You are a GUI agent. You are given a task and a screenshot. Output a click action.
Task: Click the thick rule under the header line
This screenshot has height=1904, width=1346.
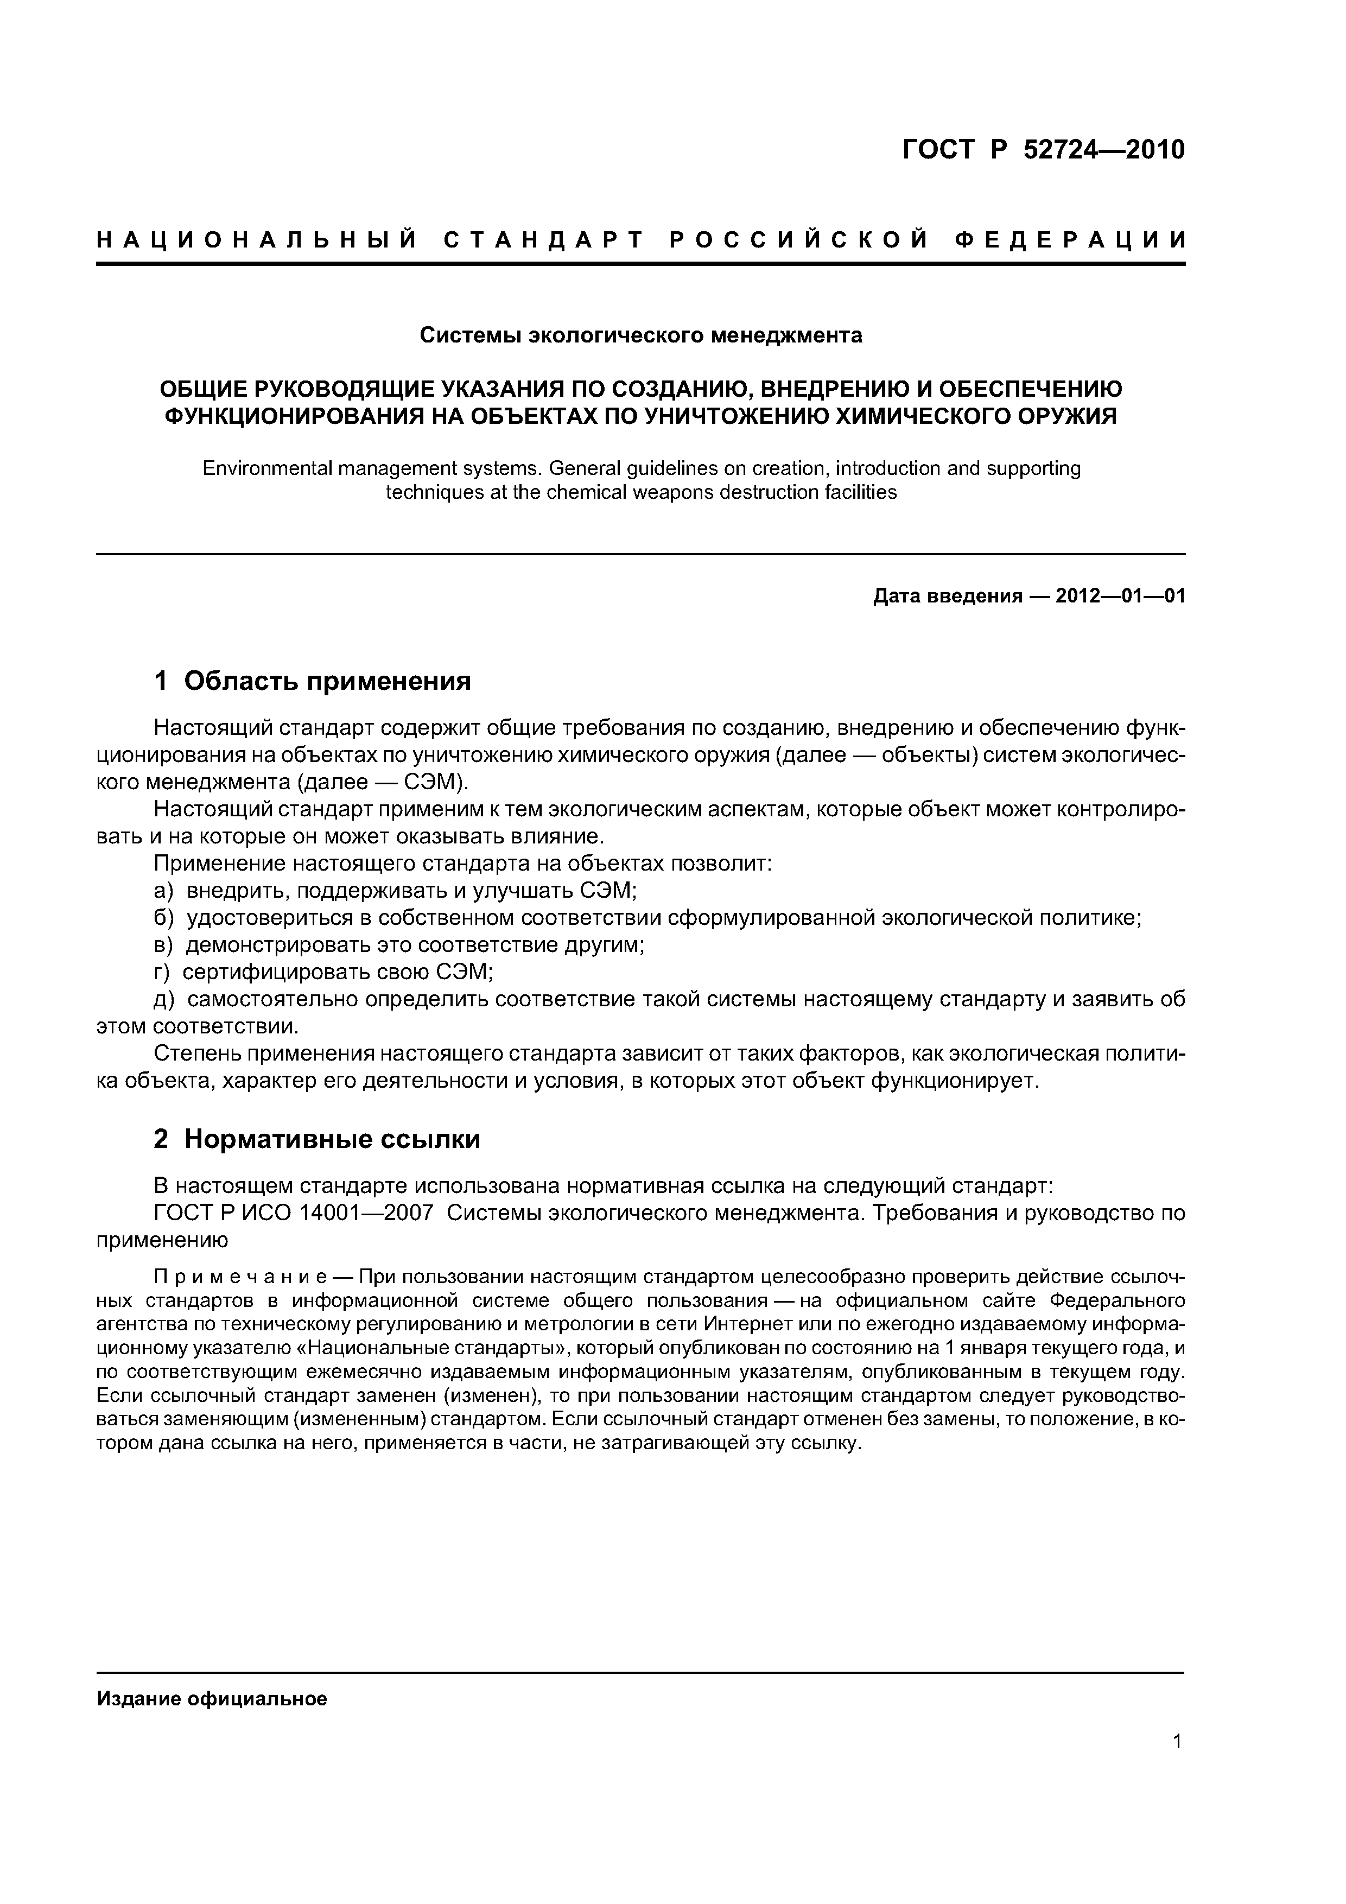click(640, 264)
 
